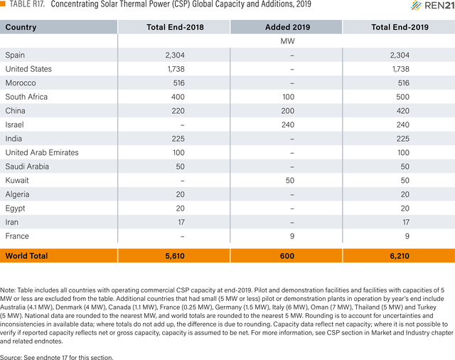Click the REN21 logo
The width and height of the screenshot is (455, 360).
point(433,5)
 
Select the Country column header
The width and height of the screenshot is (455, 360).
point(21,27)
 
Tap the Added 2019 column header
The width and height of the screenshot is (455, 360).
point(287,27)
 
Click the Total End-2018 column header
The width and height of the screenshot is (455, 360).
point(175,27)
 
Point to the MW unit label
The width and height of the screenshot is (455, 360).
point(287,41)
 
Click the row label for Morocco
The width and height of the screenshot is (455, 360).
point(21,83)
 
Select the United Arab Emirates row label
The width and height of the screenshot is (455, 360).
point(42,152)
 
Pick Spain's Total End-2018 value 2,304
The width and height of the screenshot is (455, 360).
point(175,55)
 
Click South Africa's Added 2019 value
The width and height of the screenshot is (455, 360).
point(289,97)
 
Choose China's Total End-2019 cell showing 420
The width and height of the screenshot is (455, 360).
point(403,110)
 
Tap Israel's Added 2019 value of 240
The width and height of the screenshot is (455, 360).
point(288,125)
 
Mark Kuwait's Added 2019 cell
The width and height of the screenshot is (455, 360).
point(290,180)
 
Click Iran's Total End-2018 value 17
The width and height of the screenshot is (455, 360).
point(181,222)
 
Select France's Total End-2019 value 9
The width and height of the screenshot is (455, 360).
point(407,236)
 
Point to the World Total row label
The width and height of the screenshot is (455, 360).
point(26,256)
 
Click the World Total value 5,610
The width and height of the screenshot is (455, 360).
point(175,256)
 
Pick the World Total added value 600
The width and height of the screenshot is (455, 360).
point(287,256)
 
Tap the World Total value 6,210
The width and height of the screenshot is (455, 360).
point(400,256)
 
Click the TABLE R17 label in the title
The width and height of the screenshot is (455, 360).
point(27,4)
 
